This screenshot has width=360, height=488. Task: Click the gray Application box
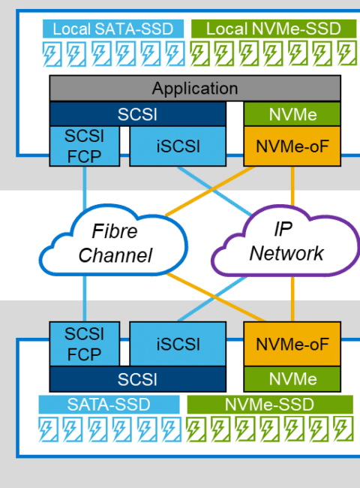195,89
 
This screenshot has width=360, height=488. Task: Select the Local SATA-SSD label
113,29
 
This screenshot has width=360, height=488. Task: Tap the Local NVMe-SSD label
274,29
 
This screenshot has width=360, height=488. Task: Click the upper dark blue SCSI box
138,114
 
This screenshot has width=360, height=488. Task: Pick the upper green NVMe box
292,114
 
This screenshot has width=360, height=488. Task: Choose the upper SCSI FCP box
85,146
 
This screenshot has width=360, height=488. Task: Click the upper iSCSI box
178,146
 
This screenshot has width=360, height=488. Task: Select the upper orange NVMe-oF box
292,146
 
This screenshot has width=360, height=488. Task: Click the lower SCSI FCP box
85,344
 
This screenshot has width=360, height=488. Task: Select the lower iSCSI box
178,344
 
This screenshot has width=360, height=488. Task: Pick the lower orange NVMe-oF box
292,344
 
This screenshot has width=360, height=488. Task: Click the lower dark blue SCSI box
138,379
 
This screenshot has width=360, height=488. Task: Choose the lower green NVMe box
292,379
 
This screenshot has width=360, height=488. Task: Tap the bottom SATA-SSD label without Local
109,405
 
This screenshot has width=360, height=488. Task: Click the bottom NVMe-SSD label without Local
270,405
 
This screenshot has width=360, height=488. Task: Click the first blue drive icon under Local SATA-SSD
52,54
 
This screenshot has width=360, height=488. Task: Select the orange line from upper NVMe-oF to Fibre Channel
210,191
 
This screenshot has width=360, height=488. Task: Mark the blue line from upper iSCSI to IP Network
214,191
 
